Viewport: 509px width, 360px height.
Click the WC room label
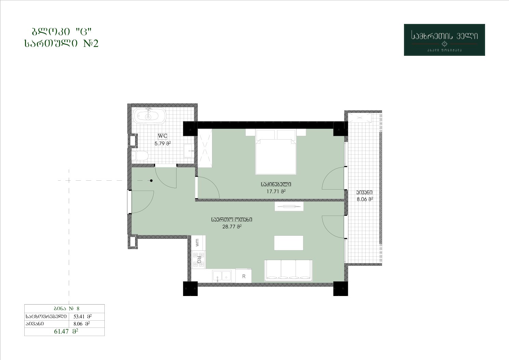click(162, 136)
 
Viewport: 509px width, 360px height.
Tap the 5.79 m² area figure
click(163, 143)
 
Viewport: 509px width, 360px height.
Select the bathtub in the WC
click(149, 116)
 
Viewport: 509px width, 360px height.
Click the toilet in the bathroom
click(140, 156)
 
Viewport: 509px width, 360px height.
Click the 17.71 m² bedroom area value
click(276, 191)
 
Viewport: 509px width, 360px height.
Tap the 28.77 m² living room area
click(232, 227)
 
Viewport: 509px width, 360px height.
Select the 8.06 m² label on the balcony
click(365, 199)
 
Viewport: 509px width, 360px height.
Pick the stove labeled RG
click(198, 260)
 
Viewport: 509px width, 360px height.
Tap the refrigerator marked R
click(243, 276)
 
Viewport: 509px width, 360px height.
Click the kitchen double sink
click(222, 276)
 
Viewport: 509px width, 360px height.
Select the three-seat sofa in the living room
click(288, 271)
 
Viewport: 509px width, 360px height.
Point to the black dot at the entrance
click(151, 181)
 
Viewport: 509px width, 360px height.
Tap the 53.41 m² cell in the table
click(82, 316)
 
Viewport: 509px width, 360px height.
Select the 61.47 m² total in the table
click(66, 332)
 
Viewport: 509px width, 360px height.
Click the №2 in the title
click(91, 43)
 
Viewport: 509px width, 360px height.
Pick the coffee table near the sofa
click(289, 243)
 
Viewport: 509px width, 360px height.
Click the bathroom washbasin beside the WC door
click(189, 151)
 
